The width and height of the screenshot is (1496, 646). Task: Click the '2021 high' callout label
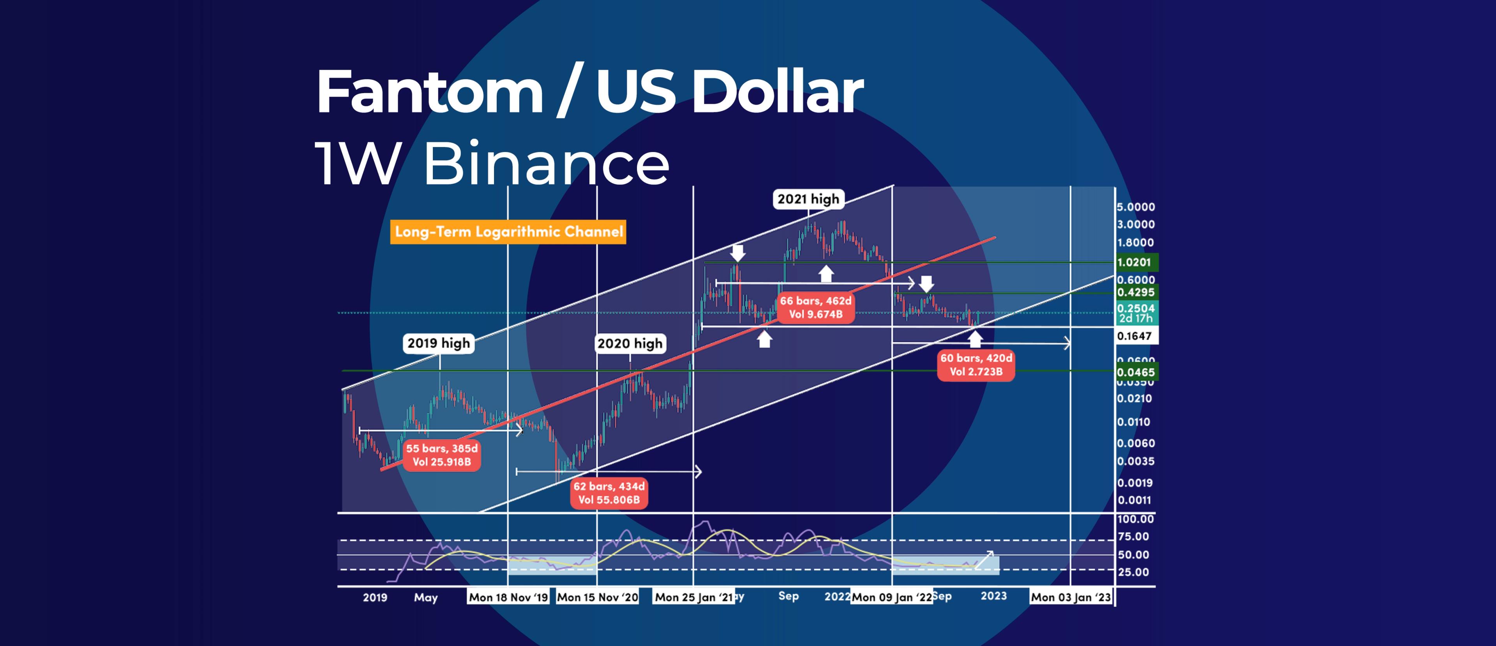point(808,199)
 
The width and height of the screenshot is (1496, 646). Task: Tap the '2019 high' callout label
point(438,343)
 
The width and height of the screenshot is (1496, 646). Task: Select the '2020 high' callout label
point(630,344)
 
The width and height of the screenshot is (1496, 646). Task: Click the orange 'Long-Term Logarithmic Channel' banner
point(508,232)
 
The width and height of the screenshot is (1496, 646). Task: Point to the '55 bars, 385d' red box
point(441,455)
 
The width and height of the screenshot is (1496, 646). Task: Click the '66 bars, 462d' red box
point(815,307)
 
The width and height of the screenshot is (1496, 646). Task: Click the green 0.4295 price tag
point(1135,292)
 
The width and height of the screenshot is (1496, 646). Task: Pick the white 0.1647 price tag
point(1135,336)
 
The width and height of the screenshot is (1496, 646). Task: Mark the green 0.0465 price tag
point(1135,372)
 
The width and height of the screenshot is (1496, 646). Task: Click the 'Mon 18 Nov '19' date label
point(508,597)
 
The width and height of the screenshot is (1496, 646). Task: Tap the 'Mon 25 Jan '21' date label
point(693,597)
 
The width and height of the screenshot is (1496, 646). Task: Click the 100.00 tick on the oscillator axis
point(1135,519)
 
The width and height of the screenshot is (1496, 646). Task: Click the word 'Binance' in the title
point(546,165)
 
